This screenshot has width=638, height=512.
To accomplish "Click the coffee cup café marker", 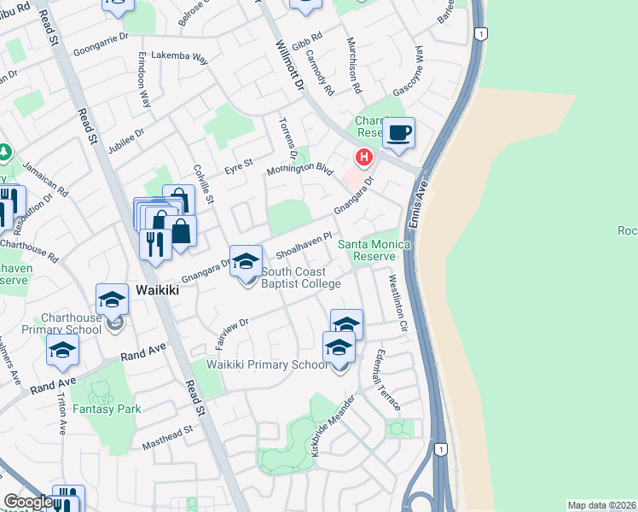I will [398, 133].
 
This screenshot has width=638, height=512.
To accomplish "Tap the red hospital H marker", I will [364, 158].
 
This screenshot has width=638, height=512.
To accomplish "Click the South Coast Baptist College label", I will [301, 278].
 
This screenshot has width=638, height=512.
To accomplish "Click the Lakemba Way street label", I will [179, 58].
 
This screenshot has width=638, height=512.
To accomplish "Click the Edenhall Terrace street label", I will [386, 381].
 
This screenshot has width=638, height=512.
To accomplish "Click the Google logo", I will [27, 502].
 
